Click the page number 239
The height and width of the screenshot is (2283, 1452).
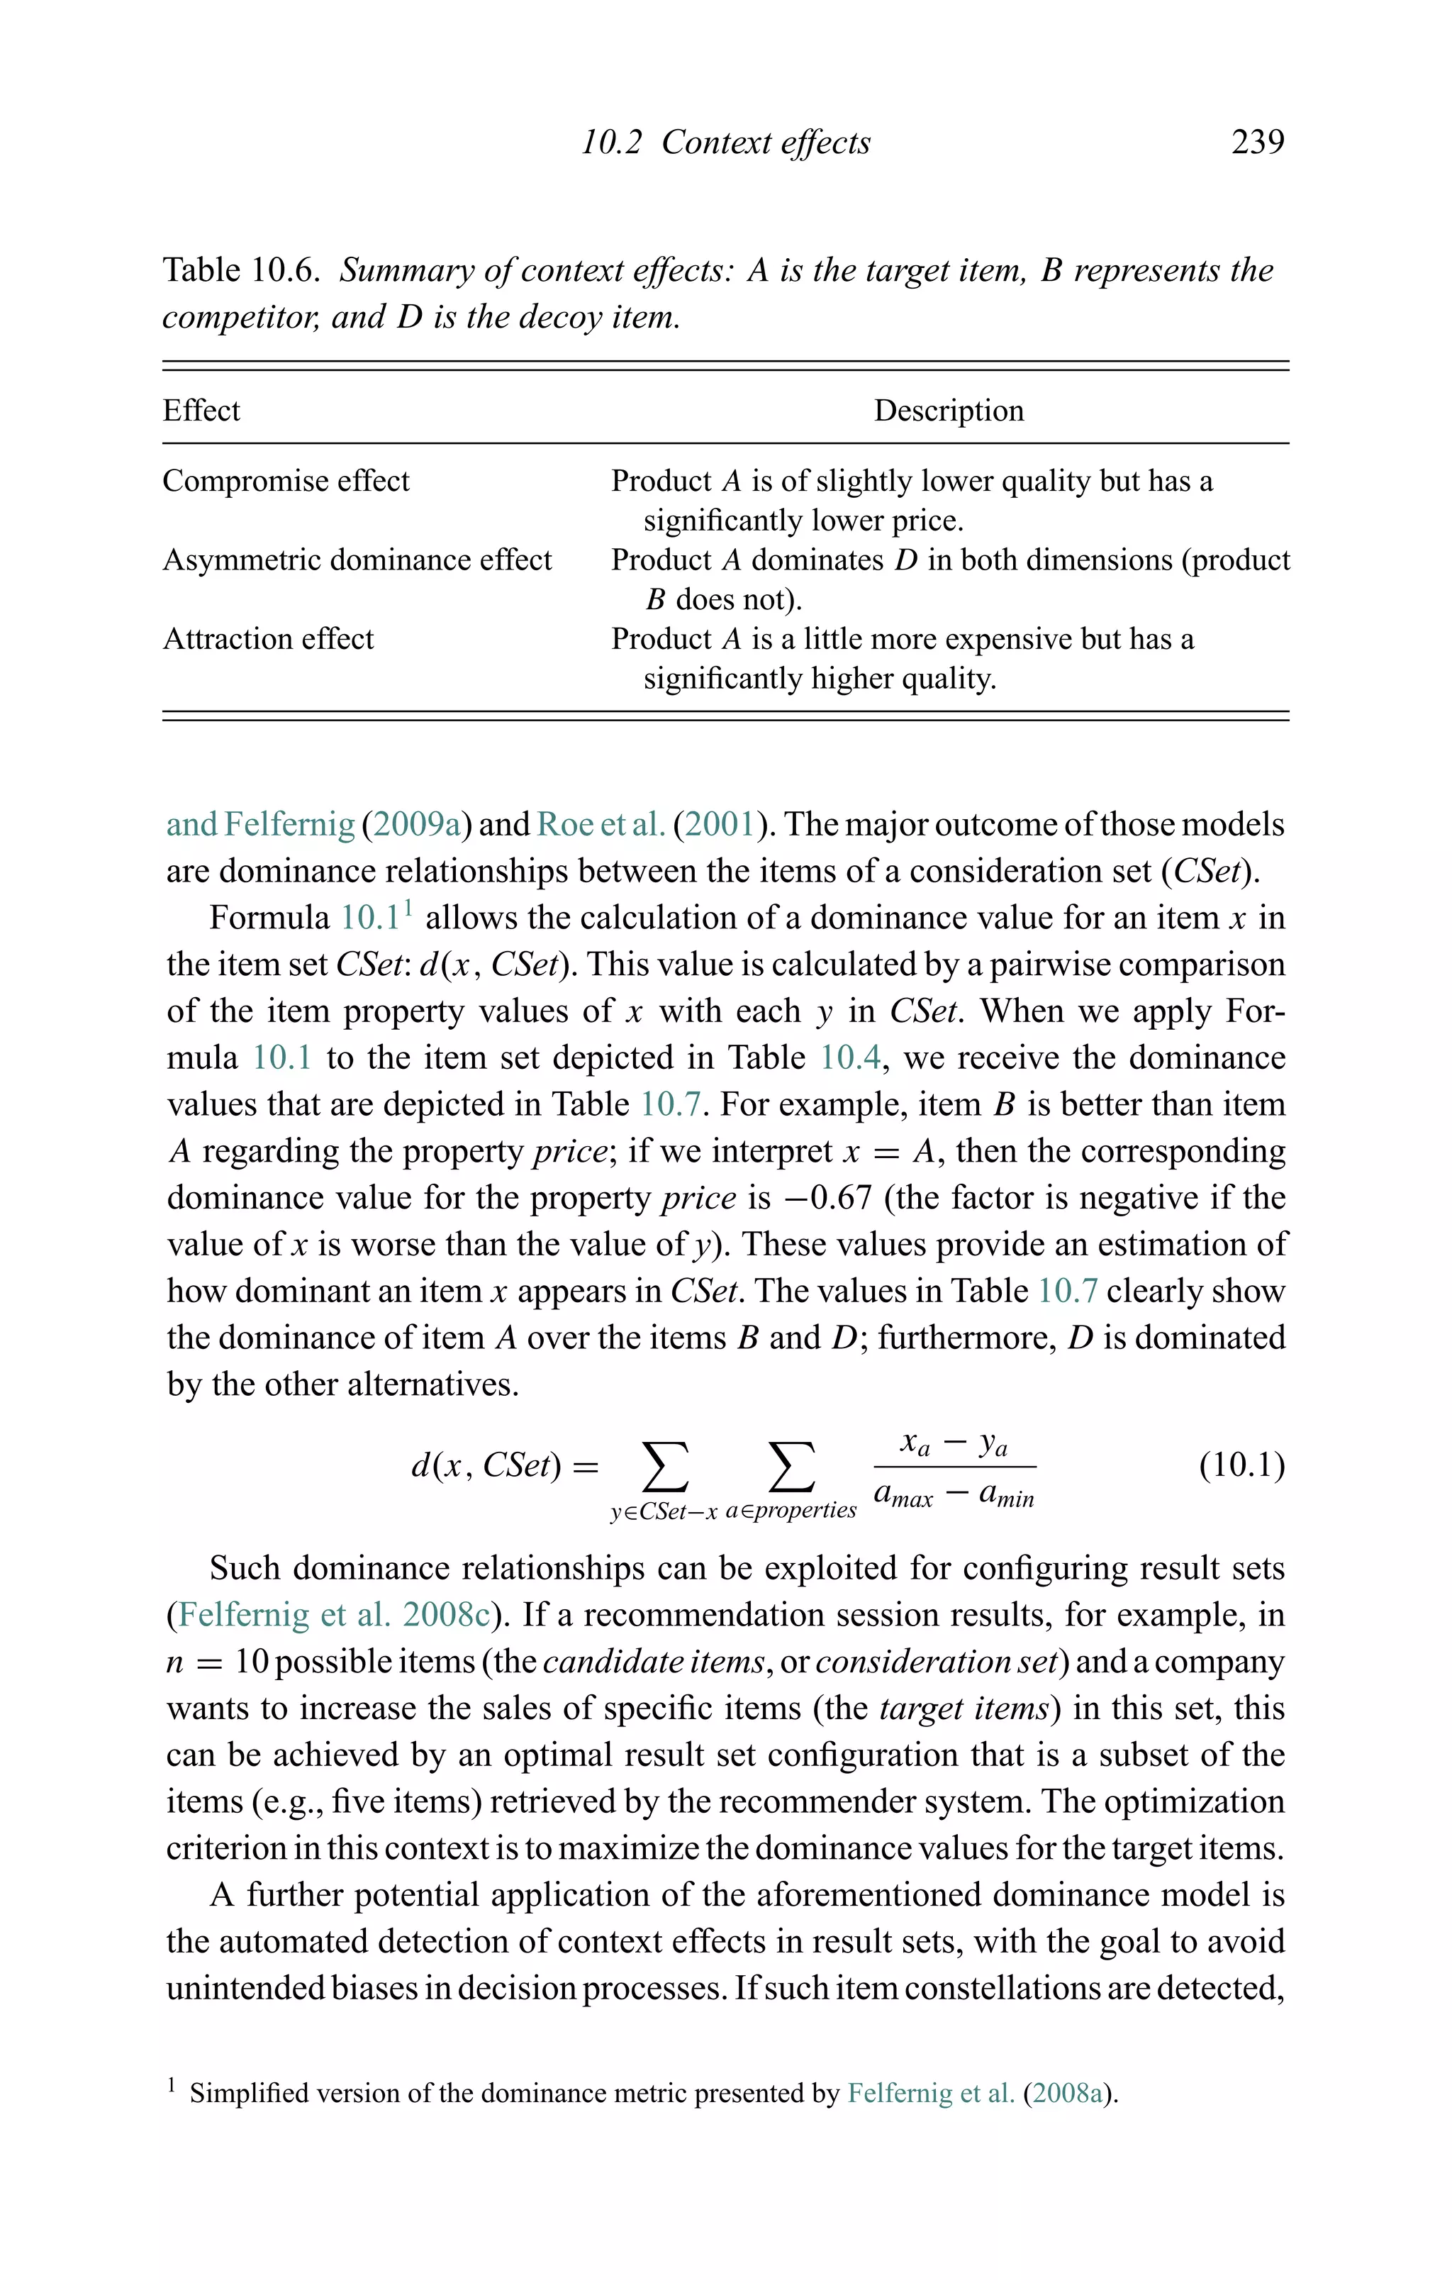tap(1257, 143)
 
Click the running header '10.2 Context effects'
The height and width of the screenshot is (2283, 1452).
tap(725, 143)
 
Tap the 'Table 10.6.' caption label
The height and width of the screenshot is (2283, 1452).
tap(241, 270)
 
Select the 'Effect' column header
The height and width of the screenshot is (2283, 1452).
tap(201, 411)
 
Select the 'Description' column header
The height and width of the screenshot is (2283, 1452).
tap(948, 411)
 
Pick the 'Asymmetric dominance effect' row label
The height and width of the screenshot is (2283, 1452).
tap(357, 560)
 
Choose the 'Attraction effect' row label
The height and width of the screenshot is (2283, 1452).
tap(268, 639)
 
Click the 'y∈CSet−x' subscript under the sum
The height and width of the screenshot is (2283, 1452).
tap(664, 1512)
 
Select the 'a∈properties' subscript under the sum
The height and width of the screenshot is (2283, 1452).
tap(791, 1511)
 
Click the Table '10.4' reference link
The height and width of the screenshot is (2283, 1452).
tap(850, 1057)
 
